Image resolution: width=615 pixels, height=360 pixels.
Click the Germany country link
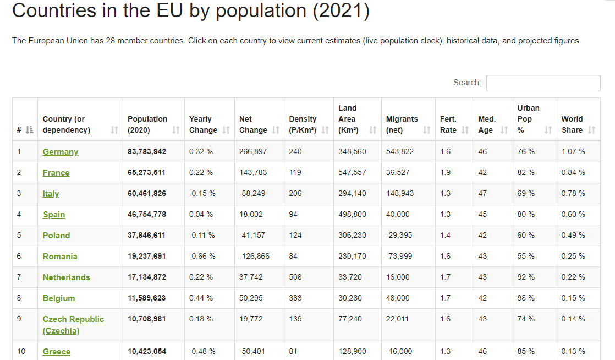61,152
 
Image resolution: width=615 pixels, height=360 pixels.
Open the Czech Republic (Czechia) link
73,325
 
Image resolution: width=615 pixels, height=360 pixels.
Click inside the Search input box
543,83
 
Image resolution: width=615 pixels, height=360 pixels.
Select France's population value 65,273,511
147,173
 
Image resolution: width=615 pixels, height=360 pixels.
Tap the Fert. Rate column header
448,124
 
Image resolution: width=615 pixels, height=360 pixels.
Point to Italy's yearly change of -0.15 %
202,194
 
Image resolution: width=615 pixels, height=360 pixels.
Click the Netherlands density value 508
295,277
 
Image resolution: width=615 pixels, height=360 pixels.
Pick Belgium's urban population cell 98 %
526,298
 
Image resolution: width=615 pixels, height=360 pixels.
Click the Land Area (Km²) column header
348,119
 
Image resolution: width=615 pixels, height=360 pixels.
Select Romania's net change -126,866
254,257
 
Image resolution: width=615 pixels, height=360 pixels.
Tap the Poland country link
56,236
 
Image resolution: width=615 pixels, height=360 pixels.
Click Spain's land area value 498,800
352,215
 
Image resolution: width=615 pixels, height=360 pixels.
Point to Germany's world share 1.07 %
573,152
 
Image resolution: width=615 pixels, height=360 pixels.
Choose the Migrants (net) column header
402,124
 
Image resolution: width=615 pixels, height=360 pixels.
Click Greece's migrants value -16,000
399,352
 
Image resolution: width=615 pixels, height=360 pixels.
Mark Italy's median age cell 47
482,194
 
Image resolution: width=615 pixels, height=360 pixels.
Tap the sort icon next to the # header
29,130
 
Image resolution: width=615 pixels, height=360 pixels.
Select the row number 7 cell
19,277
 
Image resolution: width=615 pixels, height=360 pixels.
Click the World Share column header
572,124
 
